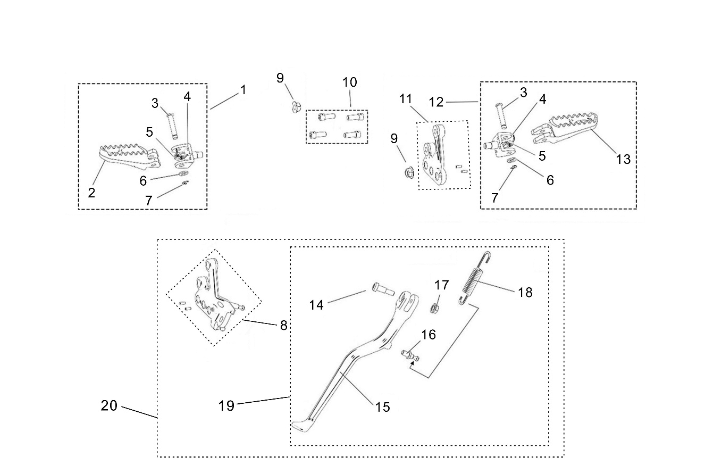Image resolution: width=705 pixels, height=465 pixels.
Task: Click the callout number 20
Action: [x=109, y=405]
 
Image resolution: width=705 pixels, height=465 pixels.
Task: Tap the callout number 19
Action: [x=226, y=405]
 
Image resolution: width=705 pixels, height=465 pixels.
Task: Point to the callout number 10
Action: [x=350, y=82]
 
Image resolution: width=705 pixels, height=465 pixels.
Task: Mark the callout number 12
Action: [x=436, y=101]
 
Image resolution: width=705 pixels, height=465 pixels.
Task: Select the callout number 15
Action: [x=382, y=407]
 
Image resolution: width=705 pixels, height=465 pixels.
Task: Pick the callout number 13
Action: [x=623, y=159]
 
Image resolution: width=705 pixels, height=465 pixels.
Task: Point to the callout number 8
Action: [x=283, y=325]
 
